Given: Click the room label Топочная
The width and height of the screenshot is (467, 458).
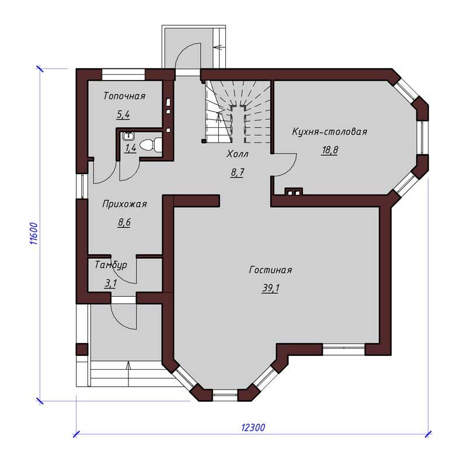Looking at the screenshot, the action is (x=124, y=96).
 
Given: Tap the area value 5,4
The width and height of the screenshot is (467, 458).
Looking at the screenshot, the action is (x=123, y=114).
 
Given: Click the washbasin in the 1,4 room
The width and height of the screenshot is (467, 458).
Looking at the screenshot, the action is (x=128, y=136).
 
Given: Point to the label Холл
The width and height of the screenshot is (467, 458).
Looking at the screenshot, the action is (x=238, y=154).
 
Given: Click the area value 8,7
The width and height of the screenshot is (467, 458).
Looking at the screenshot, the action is (x=238, y=172).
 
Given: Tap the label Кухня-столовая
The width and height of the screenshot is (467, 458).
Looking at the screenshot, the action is (x=329, y=131).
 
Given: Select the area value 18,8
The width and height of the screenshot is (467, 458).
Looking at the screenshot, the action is (x=330, y=150).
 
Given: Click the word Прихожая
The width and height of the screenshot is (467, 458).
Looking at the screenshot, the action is (x=124, y=204).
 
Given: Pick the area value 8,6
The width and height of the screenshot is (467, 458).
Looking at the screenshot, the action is (x=124, y=223).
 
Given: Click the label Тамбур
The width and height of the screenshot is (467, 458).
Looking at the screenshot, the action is (x=111, y=265).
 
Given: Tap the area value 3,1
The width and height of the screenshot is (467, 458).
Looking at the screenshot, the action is (x=110, y=283).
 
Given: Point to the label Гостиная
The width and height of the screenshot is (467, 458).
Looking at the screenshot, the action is (x=270, y=270).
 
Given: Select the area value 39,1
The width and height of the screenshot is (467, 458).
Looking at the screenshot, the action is (x=270, y=289).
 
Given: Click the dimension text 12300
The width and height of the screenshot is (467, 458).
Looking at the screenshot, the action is (x=253, y=428).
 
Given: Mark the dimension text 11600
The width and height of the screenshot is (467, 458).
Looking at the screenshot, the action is (x=34, y=234).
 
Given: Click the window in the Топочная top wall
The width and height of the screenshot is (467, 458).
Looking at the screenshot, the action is (x=123, y=75).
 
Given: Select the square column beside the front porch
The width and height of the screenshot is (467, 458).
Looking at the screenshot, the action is (x=82, y=349).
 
